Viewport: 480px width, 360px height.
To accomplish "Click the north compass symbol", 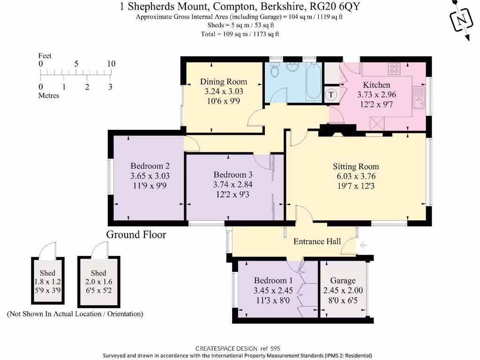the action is (x=461, y=20).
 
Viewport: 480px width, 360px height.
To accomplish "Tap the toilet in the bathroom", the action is (x=275, y=70).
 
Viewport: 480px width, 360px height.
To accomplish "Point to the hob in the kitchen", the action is (x=394, y=69).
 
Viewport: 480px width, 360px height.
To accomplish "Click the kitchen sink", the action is (x=419, y=97).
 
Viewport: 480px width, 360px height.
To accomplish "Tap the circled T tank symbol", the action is (x=330, y=95).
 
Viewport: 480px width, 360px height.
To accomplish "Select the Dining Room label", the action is (x=224, y=82).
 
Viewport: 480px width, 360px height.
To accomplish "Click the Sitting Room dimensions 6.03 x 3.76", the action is (x=356, y=176).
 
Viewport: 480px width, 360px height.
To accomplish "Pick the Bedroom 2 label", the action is (x=150, y=166).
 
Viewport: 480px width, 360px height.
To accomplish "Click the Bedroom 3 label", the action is (x=233, y=174).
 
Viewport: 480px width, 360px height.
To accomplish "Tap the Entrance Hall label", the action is (x=317, y=241).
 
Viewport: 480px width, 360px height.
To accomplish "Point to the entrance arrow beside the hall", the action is (x=363, y=245).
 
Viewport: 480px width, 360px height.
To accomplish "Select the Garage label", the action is (x=343, y=280).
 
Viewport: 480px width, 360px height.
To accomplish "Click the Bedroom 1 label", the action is (x=273, y=280).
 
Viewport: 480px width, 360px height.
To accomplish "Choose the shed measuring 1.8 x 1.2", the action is (x=48, y=280).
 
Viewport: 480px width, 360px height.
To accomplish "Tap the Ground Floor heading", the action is (x=136, y=234).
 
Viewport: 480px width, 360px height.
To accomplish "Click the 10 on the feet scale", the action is (x=111, y=64).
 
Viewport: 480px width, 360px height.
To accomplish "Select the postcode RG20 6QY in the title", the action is (x=335, y=7).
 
